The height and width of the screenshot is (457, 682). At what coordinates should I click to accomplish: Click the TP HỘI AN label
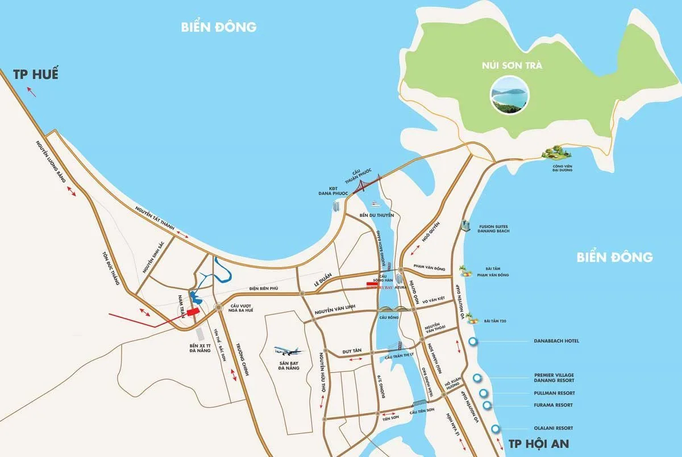pyautogui.click(x=538, y=443)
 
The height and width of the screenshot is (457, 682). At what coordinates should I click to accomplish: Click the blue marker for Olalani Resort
pyautogui.click(x=496, y=429)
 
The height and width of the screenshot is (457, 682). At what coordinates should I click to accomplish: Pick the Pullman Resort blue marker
pyautogui.click(x=484, y=393)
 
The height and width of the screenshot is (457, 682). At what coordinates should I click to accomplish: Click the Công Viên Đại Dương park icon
pyautogui.click(x=555, y=153)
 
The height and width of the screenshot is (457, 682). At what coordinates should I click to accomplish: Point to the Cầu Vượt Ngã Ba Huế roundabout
pyautogui.click(x=218, y=307)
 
